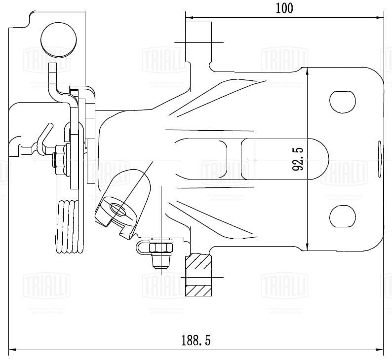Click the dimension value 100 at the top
click(x=284, y=8)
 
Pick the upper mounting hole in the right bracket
click(x=342, y=102)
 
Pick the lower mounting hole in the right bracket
click(x=342, y=216)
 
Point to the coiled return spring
click(x=69, y=227)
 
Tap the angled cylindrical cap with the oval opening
click(x=123, y=202)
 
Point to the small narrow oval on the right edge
click(x=380, y=157)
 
